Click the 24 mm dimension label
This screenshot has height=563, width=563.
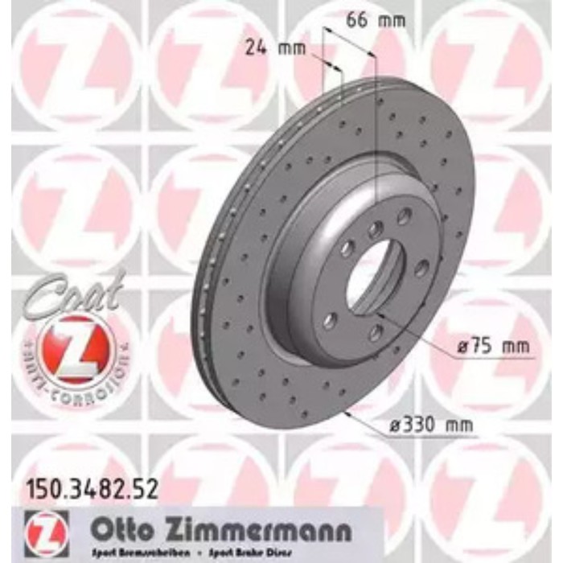click(x=277, y=48)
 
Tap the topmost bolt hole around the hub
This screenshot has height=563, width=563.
click(x=405, y=216)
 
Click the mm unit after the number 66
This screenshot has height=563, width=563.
click(x=392, y=22)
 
